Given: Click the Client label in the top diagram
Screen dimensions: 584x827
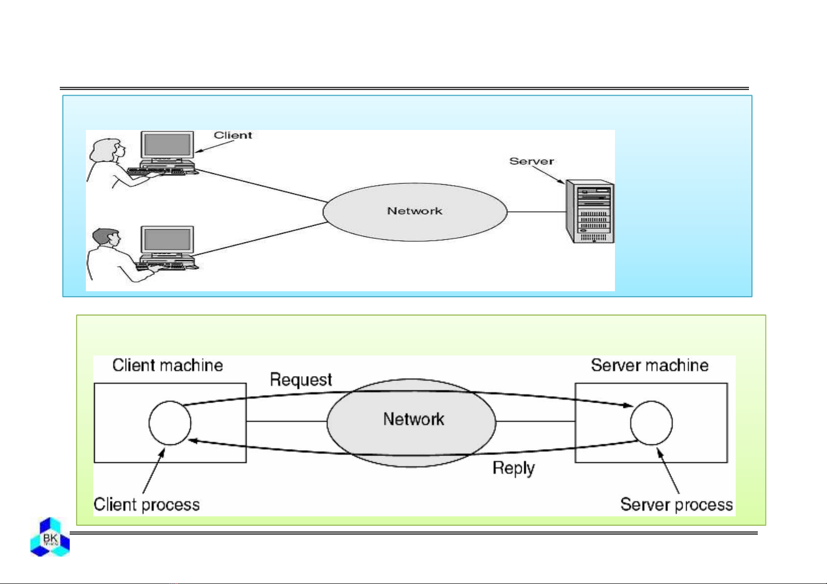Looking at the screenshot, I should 233,135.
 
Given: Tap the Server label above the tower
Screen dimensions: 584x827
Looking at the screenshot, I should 532,161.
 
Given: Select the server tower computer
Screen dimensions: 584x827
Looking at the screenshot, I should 590,212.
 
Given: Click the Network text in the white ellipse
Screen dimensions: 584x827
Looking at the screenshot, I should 415,211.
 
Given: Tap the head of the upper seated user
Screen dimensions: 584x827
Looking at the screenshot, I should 109,149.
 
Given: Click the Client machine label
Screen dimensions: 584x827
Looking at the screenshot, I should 168,365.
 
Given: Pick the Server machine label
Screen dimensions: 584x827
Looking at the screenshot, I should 649,365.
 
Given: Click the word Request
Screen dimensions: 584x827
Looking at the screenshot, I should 301,380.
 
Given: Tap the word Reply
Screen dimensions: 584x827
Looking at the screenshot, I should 513,468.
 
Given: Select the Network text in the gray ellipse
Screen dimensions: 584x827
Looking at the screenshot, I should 413,419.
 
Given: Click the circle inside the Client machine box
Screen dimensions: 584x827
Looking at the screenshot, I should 170,423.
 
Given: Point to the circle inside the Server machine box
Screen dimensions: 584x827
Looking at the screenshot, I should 651,423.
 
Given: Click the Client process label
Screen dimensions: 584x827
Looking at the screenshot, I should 147,505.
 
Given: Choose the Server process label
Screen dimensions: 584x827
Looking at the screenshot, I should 676,505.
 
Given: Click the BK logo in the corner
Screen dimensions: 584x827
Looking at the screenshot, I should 50,537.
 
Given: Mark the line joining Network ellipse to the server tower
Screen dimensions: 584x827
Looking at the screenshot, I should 536,212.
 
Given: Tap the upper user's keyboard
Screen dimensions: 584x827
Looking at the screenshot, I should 156,171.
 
